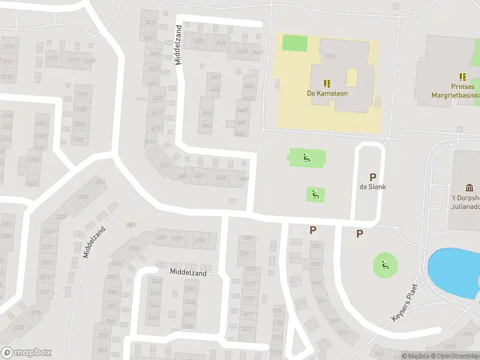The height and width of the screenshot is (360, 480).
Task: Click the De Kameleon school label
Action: point(327,94)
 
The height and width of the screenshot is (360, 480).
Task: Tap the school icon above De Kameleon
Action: point(327,83)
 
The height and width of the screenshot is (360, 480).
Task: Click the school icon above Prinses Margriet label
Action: point(463,77)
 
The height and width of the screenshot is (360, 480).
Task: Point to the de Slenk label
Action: point(372,187)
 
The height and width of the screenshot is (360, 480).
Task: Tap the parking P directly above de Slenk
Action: point(373,177)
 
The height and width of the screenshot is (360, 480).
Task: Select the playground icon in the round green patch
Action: point(384,265)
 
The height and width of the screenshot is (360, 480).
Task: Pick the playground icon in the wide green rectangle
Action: point(306,158)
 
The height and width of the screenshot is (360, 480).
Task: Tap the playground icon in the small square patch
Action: point(315,194)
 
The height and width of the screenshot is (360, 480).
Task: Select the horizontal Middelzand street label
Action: point(188,273)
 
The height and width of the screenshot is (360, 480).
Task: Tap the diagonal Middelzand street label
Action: point(95,242)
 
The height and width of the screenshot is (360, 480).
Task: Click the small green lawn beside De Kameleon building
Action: point(294,43)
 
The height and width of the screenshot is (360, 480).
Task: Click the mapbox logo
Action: point(26,353)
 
